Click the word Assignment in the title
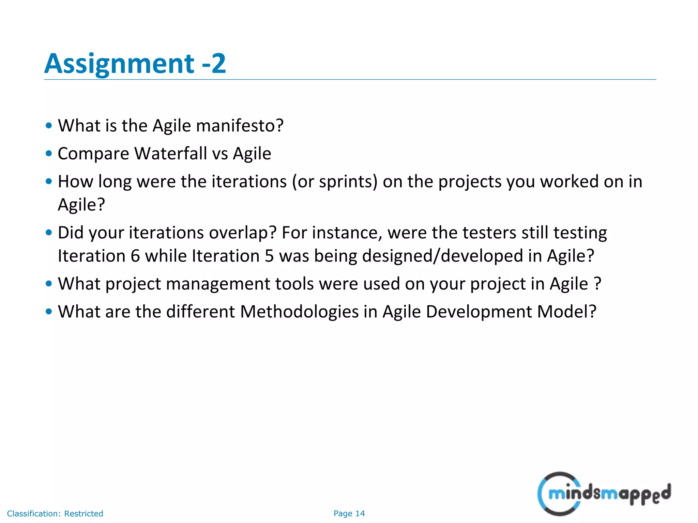(119, 64)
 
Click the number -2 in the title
(214, 64)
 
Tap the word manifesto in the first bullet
(240, 126)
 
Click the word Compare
(93, 154)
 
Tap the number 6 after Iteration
(135, 256)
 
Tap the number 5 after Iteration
(269, 256)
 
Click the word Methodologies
(299, 312)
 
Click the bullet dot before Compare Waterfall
(49, 154)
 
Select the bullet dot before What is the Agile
(49, 126)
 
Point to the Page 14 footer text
(349, 513)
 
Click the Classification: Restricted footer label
(55, 513)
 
